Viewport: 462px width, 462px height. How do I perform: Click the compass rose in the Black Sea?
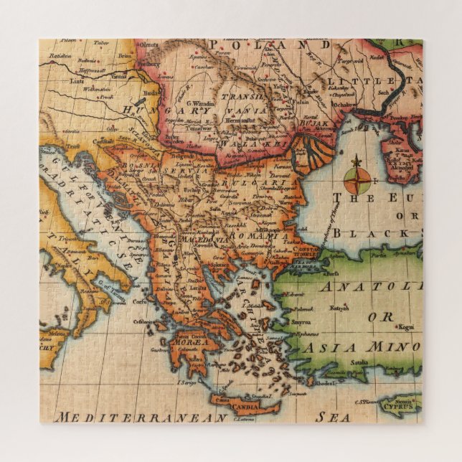pyautogui.click(x=357, y=176)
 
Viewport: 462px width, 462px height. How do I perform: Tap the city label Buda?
pyautogui.click(x=150, y=93)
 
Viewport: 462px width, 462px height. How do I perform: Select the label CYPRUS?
pyautogui.click(x=397, y=404)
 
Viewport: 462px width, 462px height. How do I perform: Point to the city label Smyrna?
pyautogui.click(x=301, y=323)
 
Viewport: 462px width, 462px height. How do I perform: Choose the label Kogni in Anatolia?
pyautogui.click(x=407, y=327)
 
